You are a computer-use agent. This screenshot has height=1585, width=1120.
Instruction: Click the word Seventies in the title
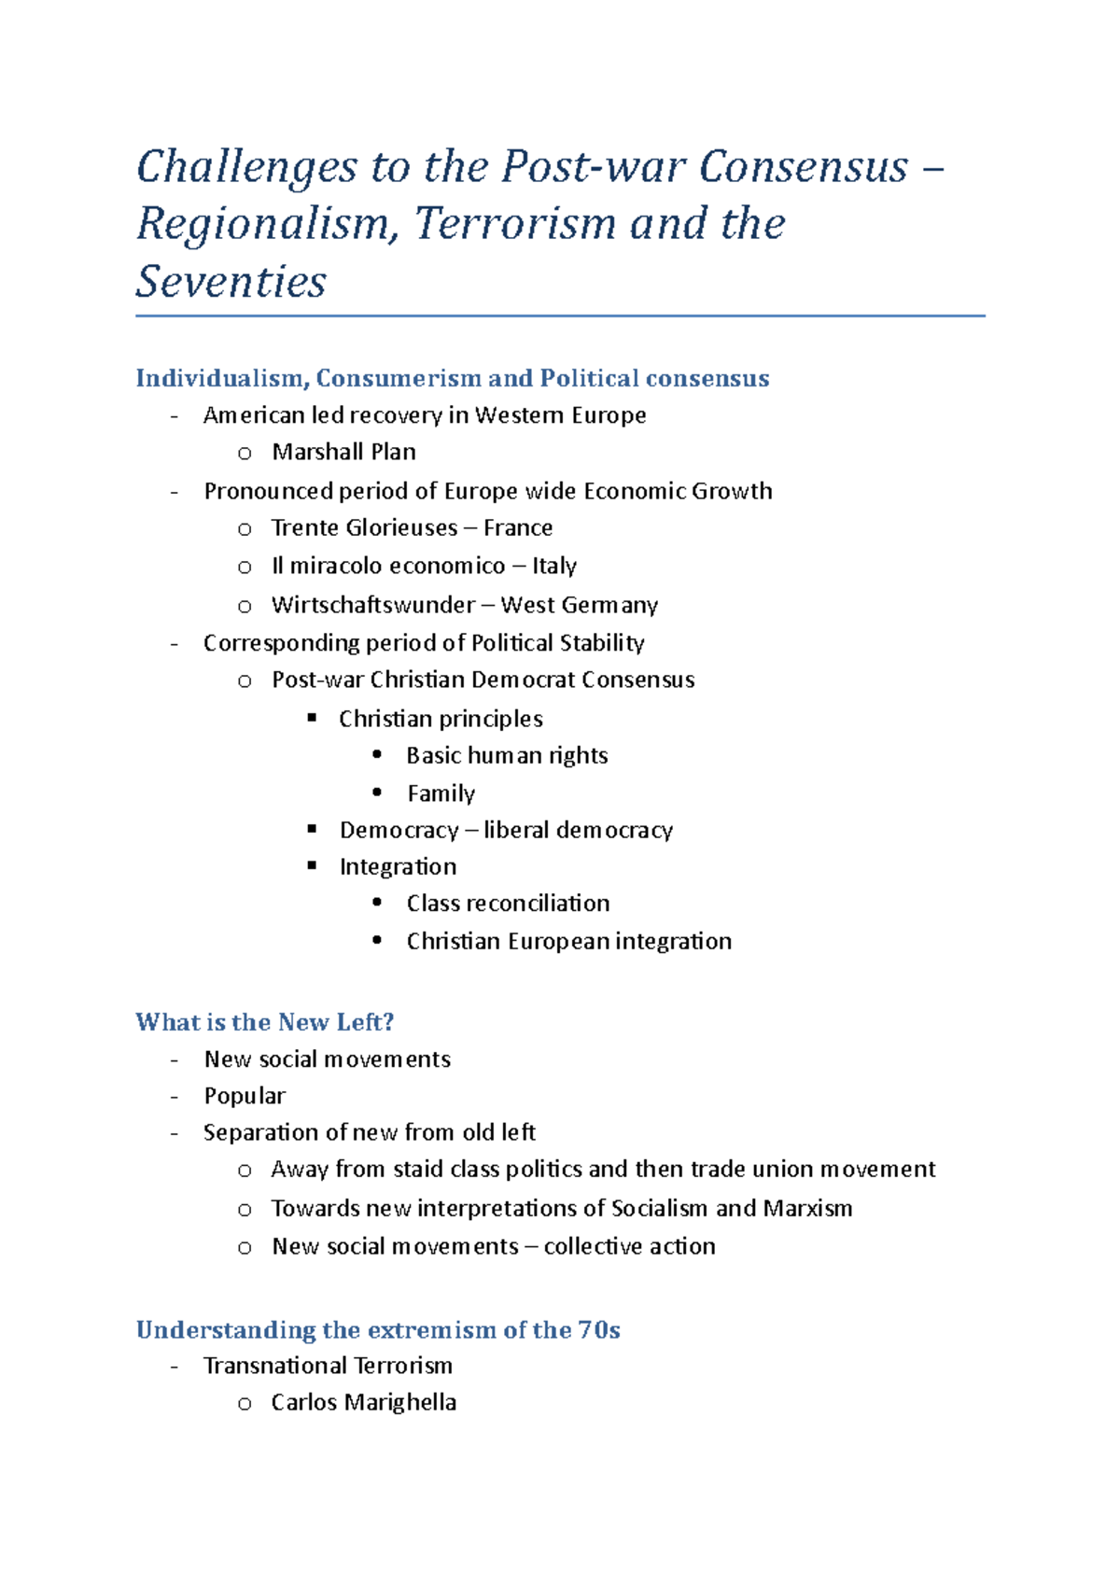(231, 282)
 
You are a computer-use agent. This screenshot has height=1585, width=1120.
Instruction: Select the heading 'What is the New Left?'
(264, 1022)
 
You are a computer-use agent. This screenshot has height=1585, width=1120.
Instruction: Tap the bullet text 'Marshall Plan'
(343, 452)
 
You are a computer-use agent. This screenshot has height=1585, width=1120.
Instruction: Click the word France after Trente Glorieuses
(518, 528)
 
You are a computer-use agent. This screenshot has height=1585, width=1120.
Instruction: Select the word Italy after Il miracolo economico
(554, 566)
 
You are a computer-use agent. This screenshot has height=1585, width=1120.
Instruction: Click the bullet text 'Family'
(441, 793)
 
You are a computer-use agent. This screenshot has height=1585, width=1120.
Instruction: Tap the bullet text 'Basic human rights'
(507, 755)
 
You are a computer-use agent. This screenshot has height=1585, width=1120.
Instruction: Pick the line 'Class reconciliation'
(508, 904)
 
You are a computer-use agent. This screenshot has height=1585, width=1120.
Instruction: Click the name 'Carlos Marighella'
(363, 1402)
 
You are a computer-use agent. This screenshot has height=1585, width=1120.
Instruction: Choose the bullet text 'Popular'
(245, 1096)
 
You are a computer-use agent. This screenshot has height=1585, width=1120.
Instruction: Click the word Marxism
(807, 1208)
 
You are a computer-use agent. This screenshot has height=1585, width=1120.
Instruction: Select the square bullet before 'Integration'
(313, 866)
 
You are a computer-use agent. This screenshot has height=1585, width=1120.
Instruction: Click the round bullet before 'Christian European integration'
(377, 941)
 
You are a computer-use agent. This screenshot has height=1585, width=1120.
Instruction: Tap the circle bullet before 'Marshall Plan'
(245, 454)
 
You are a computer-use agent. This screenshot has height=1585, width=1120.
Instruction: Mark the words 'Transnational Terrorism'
(328, 1366)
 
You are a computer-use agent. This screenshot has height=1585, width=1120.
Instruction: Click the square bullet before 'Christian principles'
(313, 718)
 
